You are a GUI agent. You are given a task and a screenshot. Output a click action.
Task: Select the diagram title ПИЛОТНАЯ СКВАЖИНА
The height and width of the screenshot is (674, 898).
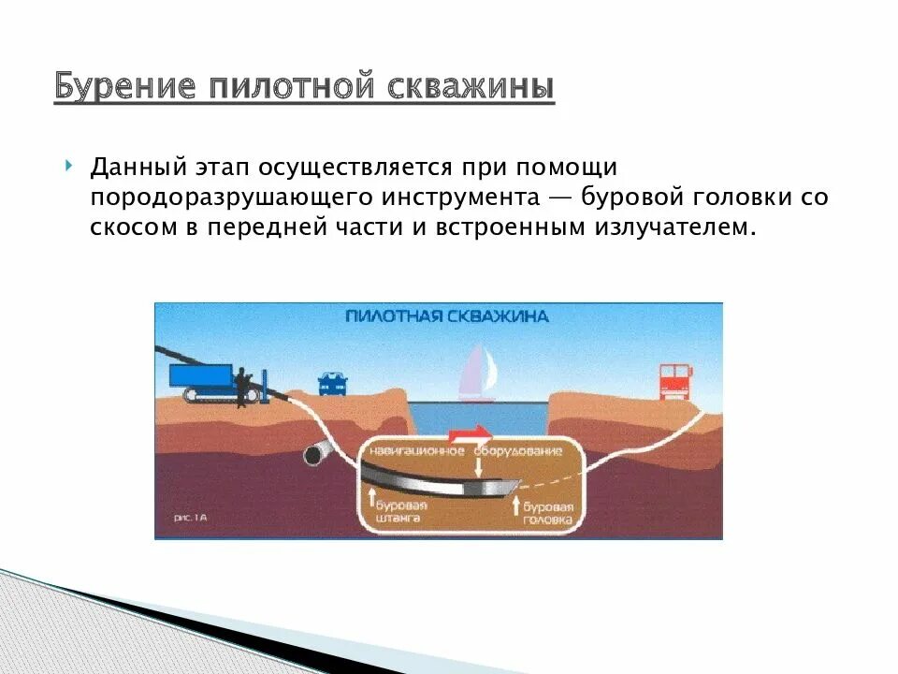click(x=446, y=316)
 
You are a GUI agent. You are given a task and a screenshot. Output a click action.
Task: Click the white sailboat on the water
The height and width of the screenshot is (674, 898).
click(x=477, y=372)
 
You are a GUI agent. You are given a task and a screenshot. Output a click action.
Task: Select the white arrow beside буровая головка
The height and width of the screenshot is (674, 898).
click(x=514, y=506)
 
